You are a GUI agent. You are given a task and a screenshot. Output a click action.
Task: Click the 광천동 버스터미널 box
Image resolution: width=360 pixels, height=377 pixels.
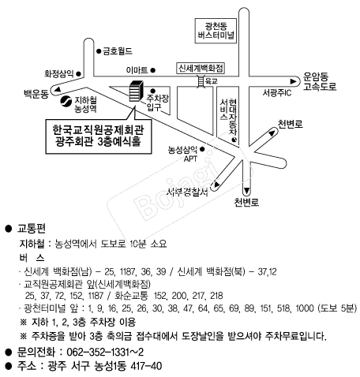pyautogui.click(x=216, y=31)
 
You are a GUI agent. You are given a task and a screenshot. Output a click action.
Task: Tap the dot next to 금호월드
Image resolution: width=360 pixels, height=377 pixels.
pyautogui.click(x=99, y=51)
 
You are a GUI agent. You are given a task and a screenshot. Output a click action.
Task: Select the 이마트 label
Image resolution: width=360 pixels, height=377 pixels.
pyautogui.click(x=137, y=70)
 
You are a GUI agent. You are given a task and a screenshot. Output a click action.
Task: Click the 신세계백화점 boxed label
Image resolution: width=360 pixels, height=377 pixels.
pyautogui.click(x=201, y=69)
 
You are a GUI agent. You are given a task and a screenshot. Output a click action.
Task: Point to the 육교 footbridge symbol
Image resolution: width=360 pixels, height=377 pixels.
pyautogui.click(x=201, y=80)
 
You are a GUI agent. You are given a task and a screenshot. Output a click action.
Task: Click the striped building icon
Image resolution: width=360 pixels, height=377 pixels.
pyautogui.click(x=137, y=91)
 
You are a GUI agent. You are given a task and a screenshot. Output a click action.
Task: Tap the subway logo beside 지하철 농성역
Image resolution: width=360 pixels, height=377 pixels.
pyautogui.click(x=66, y=101)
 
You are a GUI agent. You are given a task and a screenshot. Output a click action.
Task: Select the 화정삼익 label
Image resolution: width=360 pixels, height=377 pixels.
pyautogui.click(x=59, y=73)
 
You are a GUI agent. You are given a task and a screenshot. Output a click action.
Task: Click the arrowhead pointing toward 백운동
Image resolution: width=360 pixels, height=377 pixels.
pyautogui.click(x=58, y=90)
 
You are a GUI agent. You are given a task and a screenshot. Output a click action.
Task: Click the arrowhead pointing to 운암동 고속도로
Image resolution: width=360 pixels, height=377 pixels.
pyautogui.click(x=293, y=81)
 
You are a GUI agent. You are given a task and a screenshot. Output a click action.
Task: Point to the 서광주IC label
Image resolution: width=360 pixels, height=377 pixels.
pyautogui.click(x=277, y=92)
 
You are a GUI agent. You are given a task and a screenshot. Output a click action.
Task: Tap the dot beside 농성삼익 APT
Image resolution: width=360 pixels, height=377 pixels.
pyautogui.click(x=202, y=149)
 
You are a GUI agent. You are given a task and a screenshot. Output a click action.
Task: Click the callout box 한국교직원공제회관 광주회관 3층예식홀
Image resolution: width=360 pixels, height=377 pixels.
pyautogui.click(x=99, y=136)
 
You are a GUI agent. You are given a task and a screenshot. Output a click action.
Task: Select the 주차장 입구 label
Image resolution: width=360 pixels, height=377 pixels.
pyautogui.click(x=158, y=103)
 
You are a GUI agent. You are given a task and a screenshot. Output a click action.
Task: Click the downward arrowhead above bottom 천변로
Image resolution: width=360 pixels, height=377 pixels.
pyautogui.click(x=246, y=191)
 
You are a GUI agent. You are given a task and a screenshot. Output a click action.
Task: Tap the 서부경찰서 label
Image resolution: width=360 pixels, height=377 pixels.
pyautogui.click(x=187, y=192)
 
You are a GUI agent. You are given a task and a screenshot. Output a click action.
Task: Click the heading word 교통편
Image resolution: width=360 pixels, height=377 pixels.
pyautogui.click(x=32, y=229)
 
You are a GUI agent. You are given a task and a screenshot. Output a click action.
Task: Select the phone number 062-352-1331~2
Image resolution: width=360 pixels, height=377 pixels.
pyautogui.click(x=105, y=352)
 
